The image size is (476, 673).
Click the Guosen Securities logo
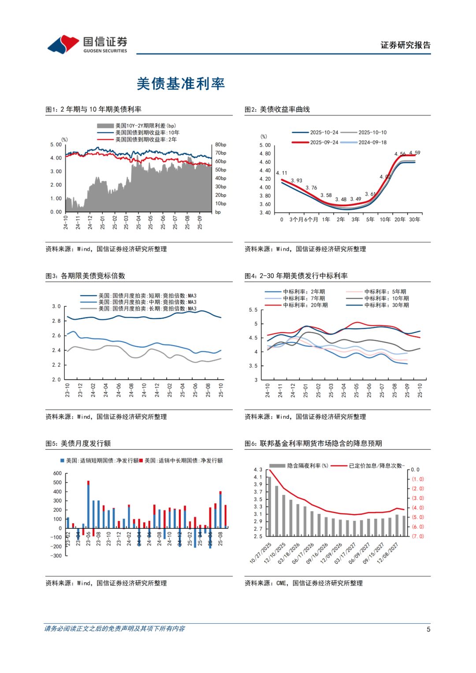coord(87,45)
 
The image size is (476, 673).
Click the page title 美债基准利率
coord(181,83)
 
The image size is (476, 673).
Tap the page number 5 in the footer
coord(428,629)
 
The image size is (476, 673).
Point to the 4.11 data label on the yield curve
coord(281,173)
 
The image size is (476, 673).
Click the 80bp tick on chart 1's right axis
coord(220,145)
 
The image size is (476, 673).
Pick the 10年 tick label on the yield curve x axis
coord(385,219)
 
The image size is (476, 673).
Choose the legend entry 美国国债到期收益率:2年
coord(146,139)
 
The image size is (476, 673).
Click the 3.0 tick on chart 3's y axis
coord(56,306)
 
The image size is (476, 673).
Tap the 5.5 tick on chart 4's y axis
coord(253,310)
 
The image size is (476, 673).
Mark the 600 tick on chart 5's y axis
coord(57,473)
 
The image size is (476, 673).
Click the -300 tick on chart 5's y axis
coord(56,556)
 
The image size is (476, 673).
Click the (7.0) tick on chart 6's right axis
coord(418,536)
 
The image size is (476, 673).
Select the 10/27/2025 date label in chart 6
coord(261,553)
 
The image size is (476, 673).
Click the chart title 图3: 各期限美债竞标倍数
coord(86,276)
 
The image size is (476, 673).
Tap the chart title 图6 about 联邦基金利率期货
coord(313,443)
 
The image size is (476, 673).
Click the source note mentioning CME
coord(304,583)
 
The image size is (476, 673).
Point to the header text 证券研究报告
coord(405,45)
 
